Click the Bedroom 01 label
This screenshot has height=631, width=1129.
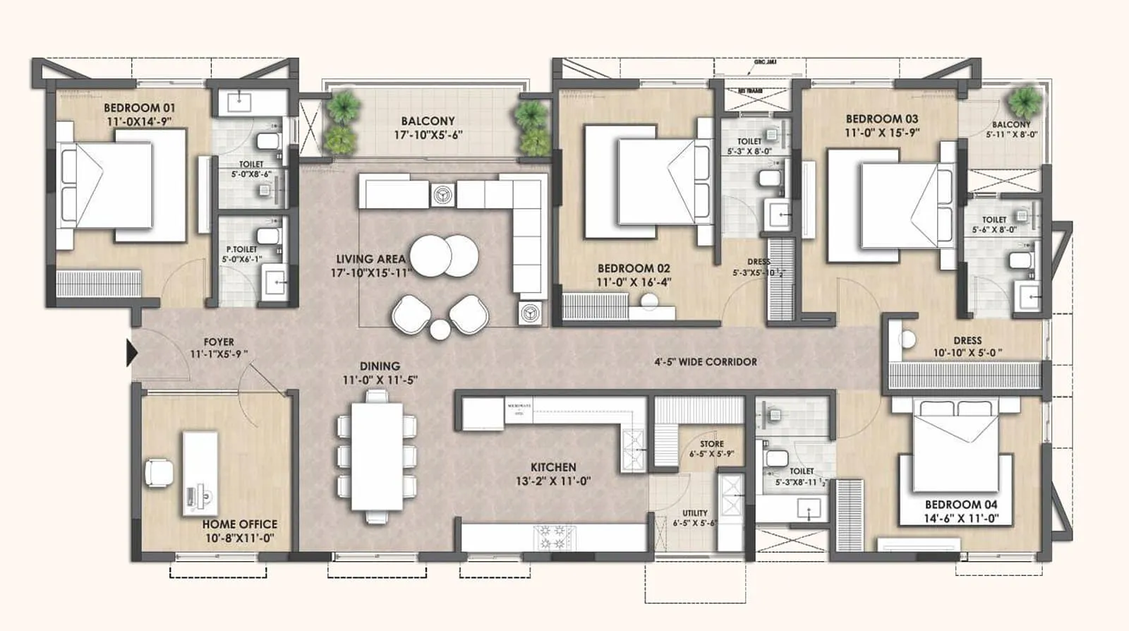(x=139, y=108)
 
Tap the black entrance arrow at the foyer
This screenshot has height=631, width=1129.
(x=131, y=353)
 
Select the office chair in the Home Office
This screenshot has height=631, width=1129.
(x=159, y=472)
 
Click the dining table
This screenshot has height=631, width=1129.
(x=377, y=456)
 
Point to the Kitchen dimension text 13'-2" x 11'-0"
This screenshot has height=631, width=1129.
(x=553, y=481)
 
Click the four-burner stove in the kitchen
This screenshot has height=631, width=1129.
(x=555, y=537)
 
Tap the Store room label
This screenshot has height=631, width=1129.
(x=711, y=444)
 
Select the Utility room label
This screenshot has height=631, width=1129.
(x=695, y=513)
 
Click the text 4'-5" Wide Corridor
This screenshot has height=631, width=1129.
(x=705, y=362)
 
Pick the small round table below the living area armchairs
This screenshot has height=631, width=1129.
(x=440, y=329)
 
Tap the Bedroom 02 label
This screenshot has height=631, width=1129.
(x=634, y=268)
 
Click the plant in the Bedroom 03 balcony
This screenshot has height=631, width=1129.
(x=1024, y=102)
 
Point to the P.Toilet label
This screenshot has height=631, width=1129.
(x=241, y=249)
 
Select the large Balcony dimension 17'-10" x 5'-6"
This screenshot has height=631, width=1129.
(x=428, y=136)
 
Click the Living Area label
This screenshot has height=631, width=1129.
(x=370, y=259)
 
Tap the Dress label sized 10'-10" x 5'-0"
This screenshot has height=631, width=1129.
(x=967, y=340)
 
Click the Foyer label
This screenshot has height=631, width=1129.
(x=219, y=342)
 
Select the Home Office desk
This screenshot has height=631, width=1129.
(x=200, y=473)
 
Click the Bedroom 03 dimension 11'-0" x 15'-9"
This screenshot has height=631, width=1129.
(x=882, y=133)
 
